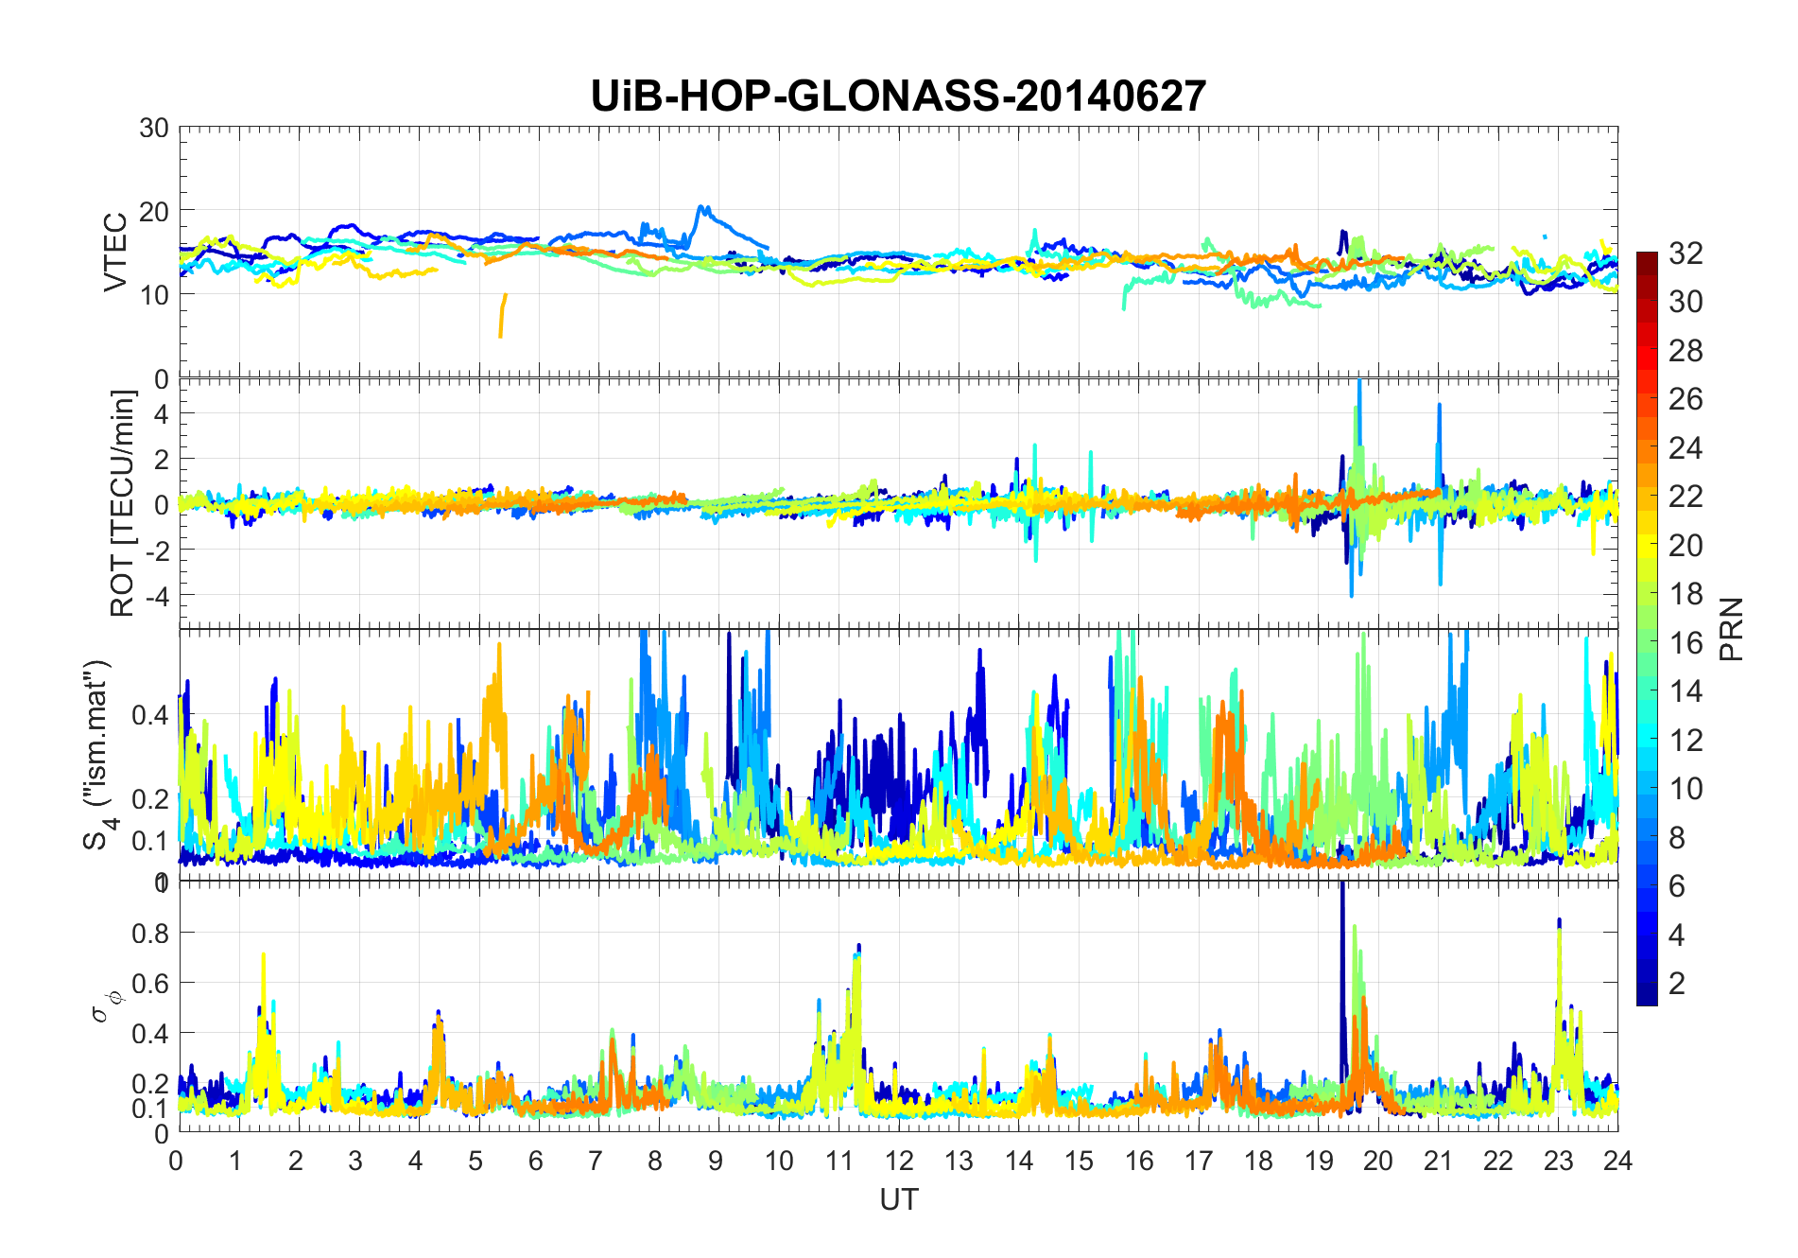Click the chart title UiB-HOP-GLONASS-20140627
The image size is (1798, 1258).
pos(898,96)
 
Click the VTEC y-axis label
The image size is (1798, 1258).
pos(115,253)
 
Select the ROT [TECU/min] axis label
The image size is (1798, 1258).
pos(123,503)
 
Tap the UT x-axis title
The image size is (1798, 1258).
pos(898,1199)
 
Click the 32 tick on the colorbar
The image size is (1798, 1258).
pos(1686,253)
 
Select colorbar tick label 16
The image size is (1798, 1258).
pos(1686,643)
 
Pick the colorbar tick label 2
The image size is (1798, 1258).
pos(1677,984)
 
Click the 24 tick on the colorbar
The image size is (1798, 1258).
pos(1686,448)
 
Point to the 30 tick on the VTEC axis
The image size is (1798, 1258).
pos(154,129)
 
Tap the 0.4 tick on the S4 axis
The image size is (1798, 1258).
pos(150,714)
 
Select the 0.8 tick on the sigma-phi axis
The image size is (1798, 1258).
pos(150,933)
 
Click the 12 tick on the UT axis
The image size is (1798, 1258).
pos(899,1161)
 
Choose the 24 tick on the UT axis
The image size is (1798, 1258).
pos(1617,1161)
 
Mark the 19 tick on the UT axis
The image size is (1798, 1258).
pos(1318,1161)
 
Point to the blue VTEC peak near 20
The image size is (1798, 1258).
pos(701,207)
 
